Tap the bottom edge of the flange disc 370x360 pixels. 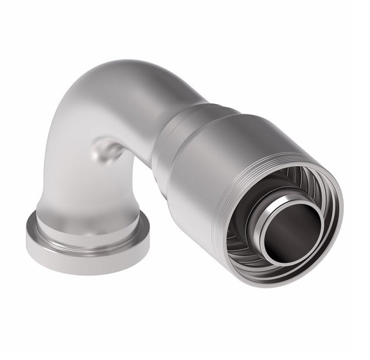(88, 272)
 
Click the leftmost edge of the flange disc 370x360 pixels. (27, 236)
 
